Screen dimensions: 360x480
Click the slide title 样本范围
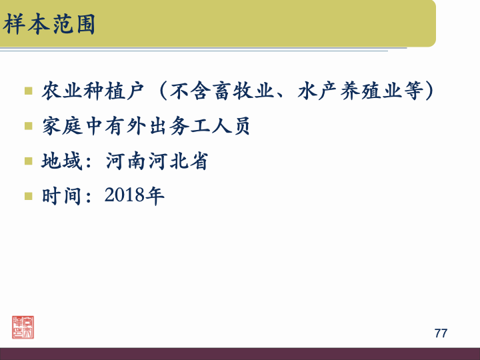click(x=49, y=25)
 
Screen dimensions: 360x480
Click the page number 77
click(x=441, y=333)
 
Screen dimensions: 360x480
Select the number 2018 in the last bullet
click(x=125, y=197)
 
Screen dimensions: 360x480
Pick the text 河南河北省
click(x=157, y=161)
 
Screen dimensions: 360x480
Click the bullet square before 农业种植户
click(x=28, y=91)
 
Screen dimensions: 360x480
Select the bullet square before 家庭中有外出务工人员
click(x=28, y=126)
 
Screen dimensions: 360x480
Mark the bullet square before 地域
click(x=28, y=161)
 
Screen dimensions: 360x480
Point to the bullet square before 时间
click(x=28, y=197)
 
